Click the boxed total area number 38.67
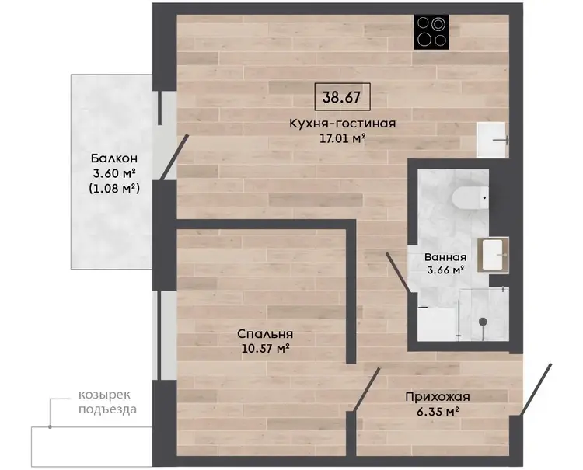click(x=342, y=97)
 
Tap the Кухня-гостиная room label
click(x=343, y=124)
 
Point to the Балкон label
click(x=114, y=158)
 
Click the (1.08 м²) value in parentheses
click(x=114, y=189)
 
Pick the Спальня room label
click(x=265, y=334)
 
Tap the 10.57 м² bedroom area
click(x=266, y=349)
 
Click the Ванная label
click(x=445, y=257)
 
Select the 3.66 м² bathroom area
click(x=445, y=270)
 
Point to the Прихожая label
click(x=438, y=397)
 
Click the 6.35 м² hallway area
click(x=437, y=412)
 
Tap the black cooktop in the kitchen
click(x=431, y=32)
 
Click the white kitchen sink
click(x=491, y=140)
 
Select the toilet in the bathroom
click(x=470, y=197)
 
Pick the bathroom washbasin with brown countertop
click(x=493, y=255)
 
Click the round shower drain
click(x=483, y=322)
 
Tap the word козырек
click(x=104, y=395)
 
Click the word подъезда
click(x=107, y=409)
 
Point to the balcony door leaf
click(x=174, y=158)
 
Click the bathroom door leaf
click(x=398, y=273)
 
